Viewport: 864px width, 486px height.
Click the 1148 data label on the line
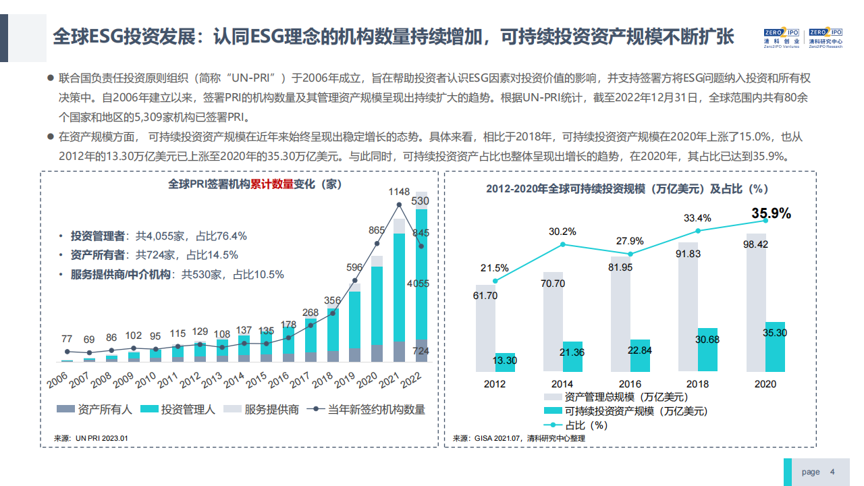click(399, 192)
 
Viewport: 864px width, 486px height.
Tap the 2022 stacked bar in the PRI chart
click(421, 283)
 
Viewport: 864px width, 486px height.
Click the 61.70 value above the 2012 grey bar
click(485, 296)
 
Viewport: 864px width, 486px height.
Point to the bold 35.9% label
click(771, 213)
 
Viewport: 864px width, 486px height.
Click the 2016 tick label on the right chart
click(630, 383)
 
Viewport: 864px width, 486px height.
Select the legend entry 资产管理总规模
click(616, 397)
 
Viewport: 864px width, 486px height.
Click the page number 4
click(832, 472)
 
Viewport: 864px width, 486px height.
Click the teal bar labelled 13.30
click(505, 362)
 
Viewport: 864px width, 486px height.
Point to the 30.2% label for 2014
click(562, 232)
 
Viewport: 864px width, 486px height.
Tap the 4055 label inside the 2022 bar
click(418, 283)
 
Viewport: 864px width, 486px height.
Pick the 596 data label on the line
click(354, 267)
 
